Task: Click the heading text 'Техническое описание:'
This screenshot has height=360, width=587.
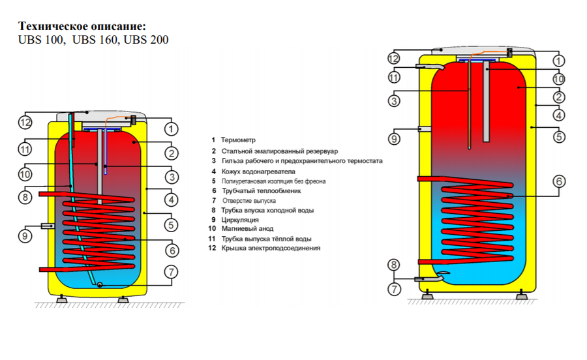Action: point(82,26)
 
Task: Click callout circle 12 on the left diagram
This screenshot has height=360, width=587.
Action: point(25,121)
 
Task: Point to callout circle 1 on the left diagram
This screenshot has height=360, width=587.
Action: point(171,128)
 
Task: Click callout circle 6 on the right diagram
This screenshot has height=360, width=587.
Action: point(558,182)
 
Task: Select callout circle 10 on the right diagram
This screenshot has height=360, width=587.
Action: point(558,78)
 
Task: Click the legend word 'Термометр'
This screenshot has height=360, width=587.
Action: point(239,140)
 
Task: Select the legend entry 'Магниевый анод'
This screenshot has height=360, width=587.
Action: point(247,229)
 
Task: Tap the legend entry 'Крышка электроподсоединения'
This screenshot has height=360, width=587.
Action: point(271,248)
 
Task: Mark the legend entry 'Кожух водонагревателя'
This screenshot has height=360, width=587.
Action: point(258,172)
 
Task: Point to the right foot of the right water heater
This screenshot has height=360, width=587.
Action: point(522,295)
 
